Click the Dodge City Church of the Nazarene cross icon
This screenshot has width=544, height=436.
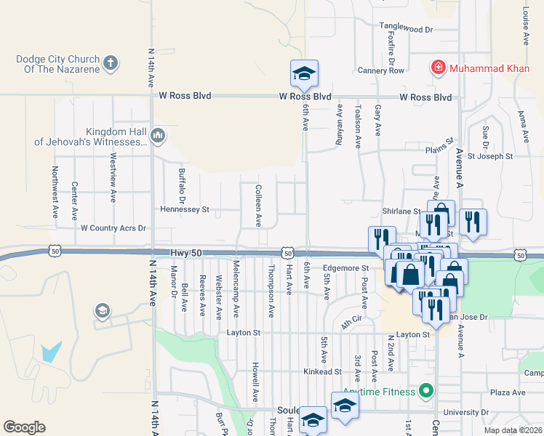(111, 63)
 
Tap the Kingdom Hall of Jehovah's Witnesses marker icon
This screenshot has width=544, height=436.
(158, 135)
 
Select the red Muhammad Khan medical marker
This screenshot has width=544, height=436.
(438, 69)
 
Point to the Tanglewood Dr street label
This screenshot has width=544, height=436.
(406, 30)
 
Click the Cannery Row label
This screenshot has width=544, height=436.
(380, 70)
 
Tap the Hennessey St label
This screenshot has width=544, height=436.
(185, 209)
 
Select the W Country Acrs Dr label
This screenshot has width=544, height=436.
(113, 227)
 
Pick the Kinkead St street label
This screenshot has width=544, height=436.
(322, 371)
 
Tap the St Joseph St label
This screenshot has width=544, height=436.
(489, 156)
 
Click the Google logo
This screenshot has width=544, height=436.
(24, 427)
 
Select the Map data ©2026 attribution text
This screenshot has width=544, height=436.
(513, 430)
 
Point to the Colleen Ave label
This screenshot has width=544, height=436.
(258, 206)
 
